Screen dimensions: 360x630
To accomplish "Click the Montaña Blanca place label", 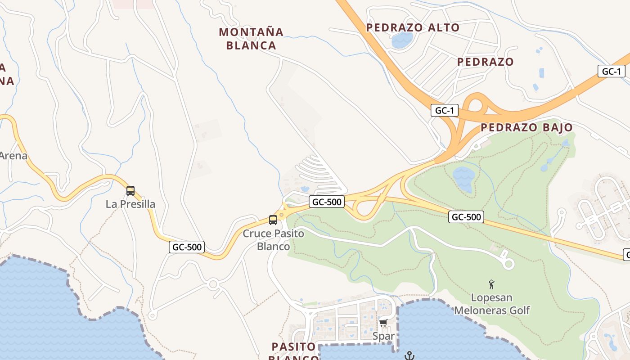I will click(251, 39).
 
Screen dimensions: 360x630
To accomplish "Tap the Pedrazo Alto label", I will click(413, 27).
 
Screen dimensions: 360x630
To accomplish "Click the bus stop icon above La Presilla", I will click(130, 191).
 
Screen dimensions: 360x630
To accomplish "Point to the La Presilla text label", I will click(130, 204).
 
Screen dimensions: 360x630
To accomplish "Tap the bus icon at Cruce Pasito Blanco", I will click(273, 220).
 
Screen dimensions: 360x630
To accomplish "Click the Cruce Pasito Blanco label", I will click(273, 240).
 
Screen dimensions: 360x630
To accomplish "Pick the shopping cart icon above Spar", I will click(383, 323).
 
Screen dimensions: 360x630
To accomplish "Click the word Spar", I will click(383, 336).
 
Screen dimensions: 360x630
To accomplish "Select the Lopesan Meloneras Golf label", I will click(492, 304).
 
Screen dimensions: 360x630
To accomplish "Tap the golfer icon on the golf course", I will click(491, 284).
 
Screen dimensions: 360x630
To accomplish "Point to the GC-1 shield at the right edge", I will click(611, 71).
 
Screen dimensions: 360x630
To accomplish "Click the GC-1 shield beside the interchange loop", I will click(444, 111).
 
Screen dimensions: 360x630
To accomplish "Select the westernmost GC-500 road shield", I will click(187, 247).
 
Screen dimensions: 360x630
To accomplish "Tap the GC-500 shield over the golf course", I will click(466, 217).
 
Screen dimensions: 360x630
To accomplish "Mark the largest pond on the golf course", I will click(463, 178).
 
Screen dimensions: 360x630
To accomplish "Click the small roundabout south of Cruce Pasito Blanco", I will click(213, 284).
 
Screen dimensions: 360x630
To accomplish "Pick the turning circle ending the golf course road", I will click(508, 264).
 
